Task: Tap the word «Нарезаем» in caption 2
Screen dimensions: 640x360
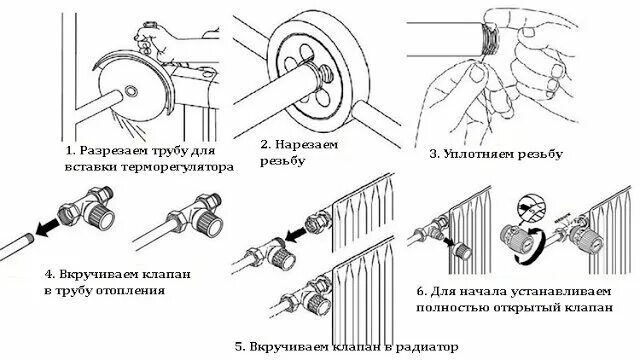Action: tap(307, 144)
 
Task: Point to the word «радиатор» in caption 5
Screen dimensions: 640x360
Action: tap(427, 348)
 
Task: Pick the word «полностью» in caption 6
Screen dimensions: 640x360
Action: tap(452, 307)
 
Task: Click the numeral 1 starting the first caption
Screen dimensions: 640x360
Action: tap(70, 151)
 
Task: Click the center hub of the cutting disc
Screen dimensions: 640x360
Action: tap(131, 91)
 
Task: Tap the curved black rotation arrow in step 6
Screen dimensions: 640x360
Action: tap(534, 247)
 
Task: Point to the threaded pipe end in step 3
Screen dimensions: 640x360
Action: tap(489, 39)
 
